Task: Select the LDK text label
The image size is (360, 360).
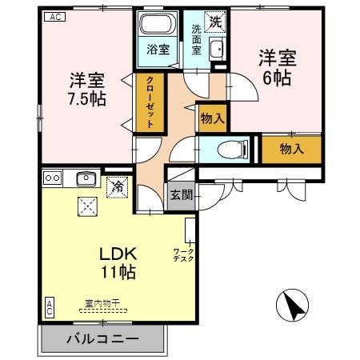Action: (x=118, y=254)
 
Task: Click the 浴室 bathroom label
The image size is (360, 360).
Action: (x=157, y=50)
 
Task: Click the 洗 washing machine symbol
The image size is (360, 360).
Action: (x=214, y=22)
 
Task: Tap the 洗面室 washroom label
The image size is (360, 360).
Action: (x=196, y=42)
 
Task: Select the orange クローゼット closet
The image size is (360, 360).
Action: (x=150, y=102)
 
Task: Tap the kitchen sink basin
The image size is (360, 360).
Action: (x=86, y=178)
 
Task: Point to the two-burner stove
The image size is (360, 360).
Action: (x=52, y=178)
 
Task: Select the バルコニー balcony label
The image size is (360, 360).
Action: (x=102, y=338)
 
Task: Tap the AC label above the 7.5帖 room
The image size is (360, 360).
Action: (x=54, y=16)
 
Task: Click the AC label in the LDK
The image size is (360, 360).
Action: (x=49, y=307)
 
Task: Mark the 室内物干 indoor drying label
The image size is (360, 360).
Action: (x=102, y=303)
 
